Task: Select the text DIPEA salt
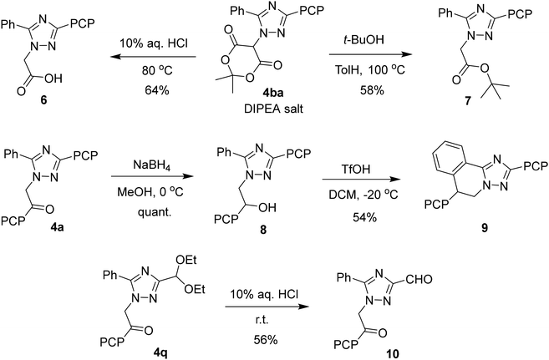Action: click(273, 109)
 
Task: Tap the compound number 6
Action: click(43, 100)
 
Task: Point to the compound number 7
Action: click(468, 100)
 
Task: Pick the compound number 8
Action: click(263, 230)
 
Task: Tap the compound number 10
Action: click(392, 353)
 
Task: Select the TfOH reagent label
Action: click(359, 170)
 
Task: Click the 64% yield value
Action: click(157, 90)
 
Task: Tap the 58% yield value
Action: click(372, 90)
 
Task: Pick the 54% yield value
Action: click(364, 218)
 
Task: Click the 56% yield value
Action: click(265, 339)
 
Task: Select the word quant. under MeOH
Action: click(155, 212)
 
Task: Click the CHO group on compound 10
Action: click(419, 279)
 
